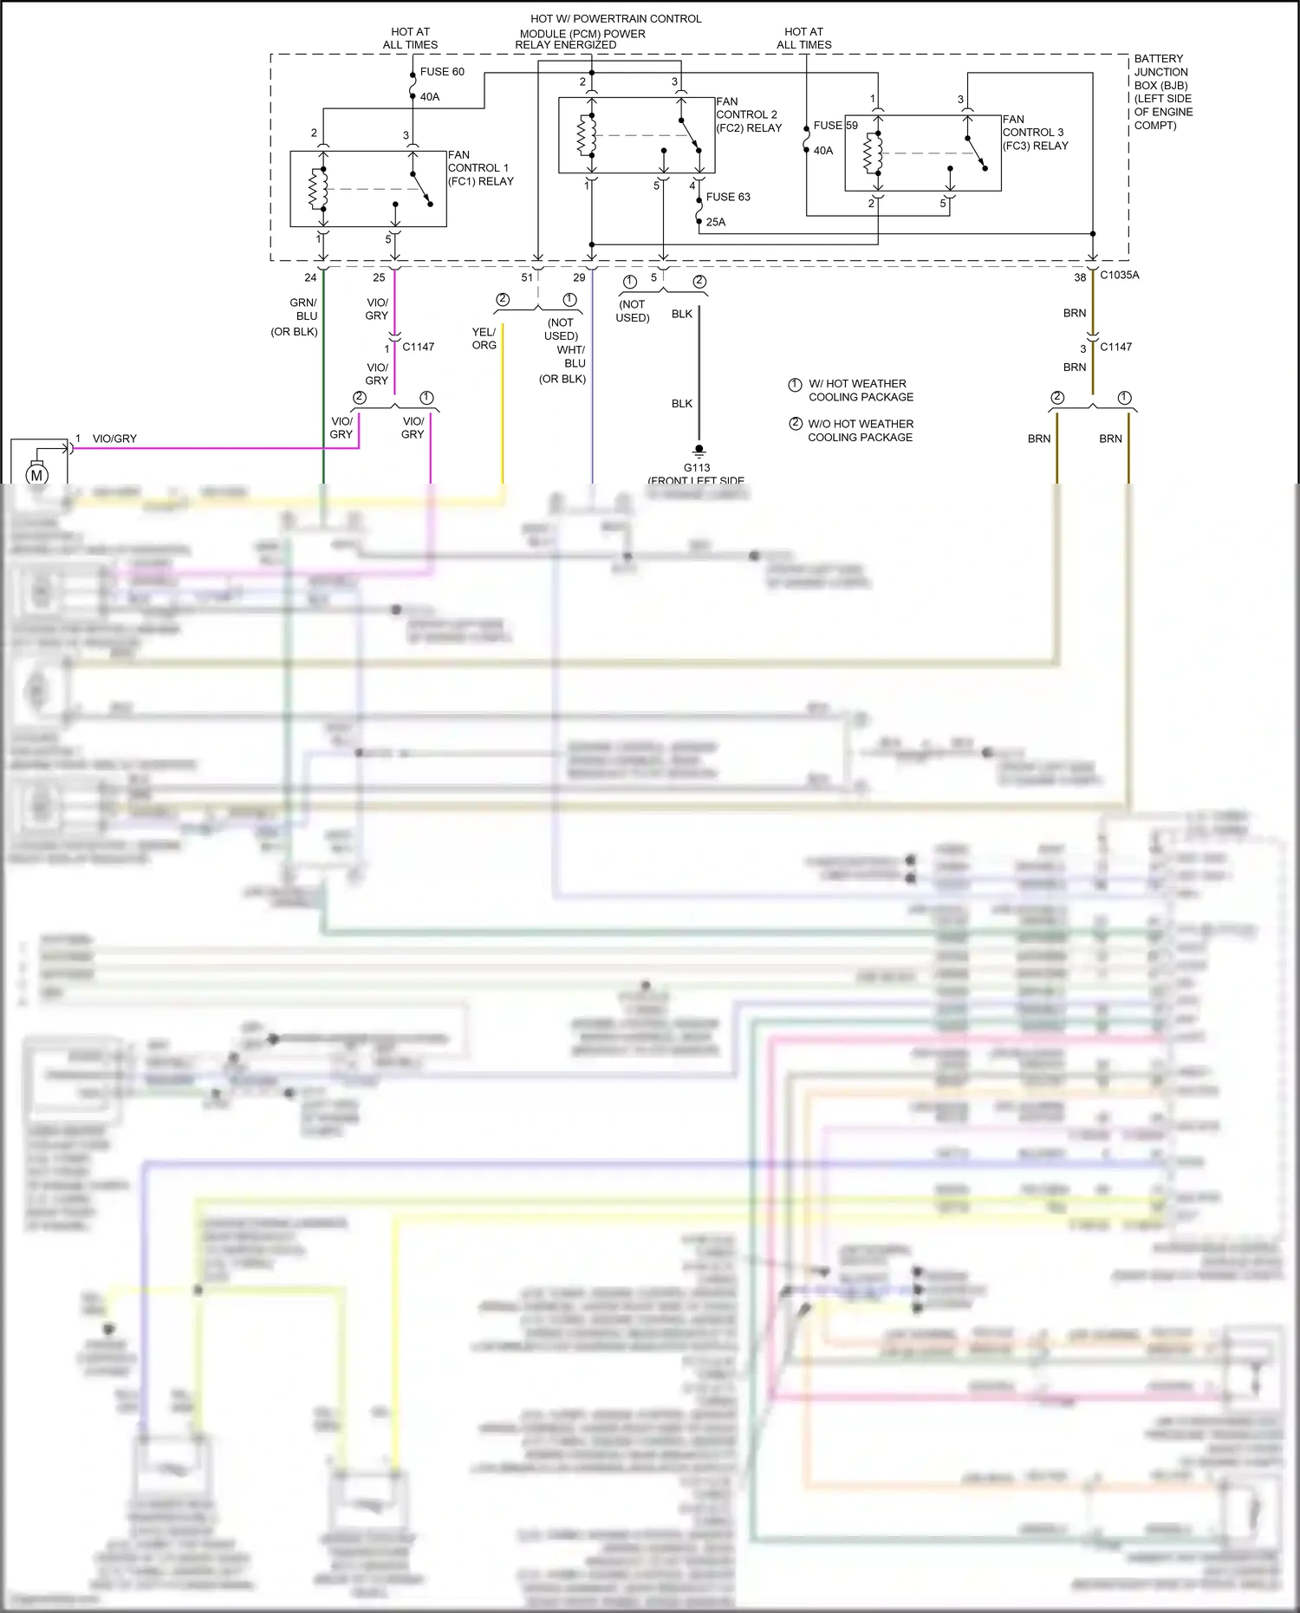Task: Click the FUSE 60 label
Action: [442, 72]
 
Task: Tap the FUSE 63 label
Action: [728, 197]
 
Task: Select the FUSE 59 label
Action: [835, 126]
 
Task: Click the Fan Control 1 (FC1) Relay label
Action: [480, 168]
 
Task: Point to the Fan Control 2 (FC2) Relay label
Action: [749, 114]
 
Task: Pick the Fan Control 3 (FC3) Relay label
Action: [1035, 133]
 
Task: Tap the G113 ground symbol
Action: [699, 451]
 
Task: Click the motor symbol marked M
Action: [36, 475]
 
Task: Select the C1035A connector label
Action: [1120, 275]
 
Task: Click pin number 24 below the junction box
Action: [310, 277]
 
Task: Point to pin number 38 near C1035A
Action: [1080, 277]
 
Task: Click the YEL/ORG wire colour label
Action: [484, 338]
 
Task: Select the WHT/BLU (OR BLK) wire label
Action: [568, 363]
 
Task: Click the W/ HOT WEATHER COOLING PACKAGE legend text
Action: [860, 390]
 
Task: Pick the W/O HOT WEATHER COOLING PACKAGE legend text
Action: [860, 430]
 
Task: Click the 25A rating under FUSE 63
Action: [716, 222]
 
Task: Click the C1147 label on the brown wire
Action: [1115, 347]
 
